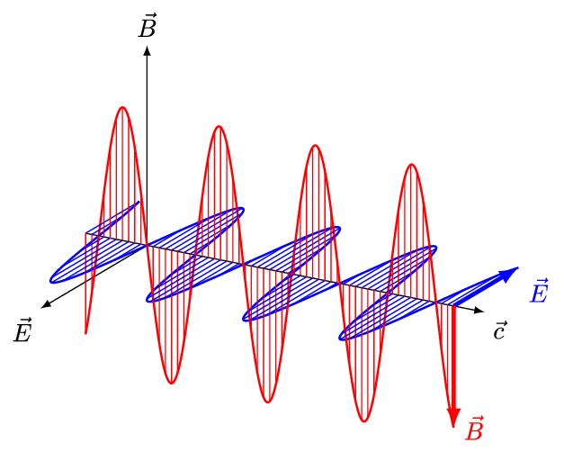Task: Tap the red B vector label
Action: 474,429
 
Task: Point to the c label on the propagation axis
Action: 502,330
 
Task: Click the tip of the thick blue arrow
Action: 520,268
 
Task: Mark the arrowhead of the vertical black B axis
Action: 147,47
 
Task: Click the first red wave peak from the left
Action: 122,107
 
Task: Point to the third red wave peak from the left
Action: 314,145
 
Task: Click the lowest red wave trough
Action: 365,420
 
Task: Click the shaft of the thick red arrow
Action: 454,360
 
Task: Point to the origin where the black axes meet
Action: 147,244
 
